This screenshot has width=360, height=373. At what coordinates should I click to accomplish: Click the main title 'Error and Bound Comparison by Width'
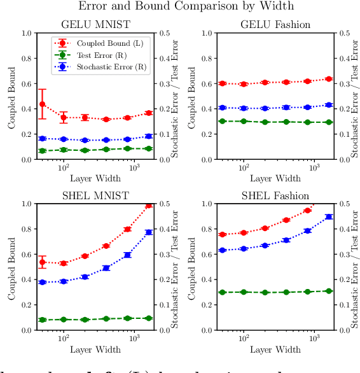click(x=185, y=6)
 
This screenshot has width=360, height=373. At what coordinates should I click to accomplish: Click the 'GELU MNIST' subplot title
click(x=95, y=25)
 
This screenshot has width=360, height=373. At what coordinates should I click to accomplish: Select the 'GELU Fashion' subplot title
click(x=275, y=25)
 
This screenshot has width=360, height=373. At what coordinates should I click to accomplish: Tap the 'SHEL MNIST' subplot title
click(x=95, y=196)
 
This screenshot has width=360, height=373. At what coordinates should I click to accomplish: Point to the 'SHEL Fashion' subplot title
click(x=275, y=196)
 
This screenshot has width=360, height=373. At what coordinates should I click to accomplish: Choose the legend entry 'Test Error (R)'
click(x=101, y=54)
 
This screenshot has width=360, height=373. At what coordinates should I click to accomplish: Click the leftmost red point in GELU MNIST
click(x=43, y=104)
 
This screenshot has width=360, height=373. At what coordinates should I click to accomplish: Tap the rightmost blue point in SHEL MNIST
click(x=148, y=232)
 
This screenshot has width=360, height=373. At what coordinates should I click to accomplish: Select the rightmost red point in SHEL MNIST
click(x=148, y=206)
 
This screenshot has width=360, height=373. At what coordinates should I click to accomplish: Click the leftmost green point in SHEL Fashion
click(x=223, y=292)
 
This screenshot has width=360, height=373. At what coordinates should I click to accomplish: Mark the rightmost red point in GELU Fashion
click(x=328, y=79)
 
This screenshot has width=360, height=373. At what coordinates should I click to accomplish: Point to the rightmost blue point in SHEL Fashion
click(x=328, y=216)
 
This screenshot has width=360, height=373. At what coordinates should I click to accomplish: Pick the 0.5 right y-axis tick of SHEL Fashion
click(x=345, y=204)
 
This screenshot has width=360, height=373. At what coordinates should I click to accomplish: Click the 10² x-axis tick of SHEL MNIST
click(x=64, y=339)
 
